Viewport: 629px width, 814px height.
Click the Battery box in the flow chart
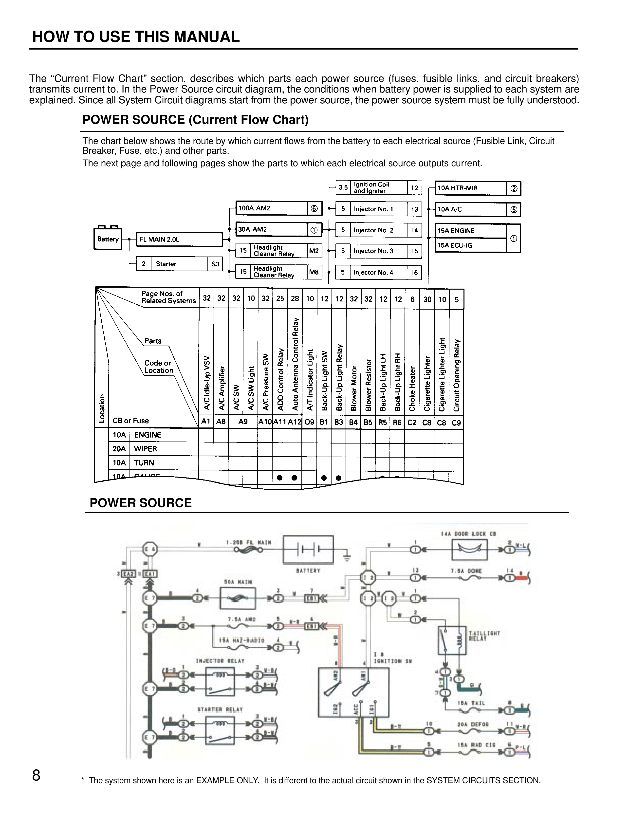[x=108, y=239]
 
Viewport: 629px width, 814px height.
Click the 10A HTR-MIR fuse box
[x=471, y=188]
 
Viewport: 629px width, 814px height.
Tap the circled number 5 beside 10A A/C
[x=514, y=209]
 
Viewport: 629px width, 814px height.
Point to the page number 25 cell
[x=280, y=298]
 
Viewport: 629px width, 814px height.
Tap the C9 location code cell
[x=456, y=423]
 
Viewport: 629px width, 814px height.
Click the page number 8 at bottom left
[x=36, y=776]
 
